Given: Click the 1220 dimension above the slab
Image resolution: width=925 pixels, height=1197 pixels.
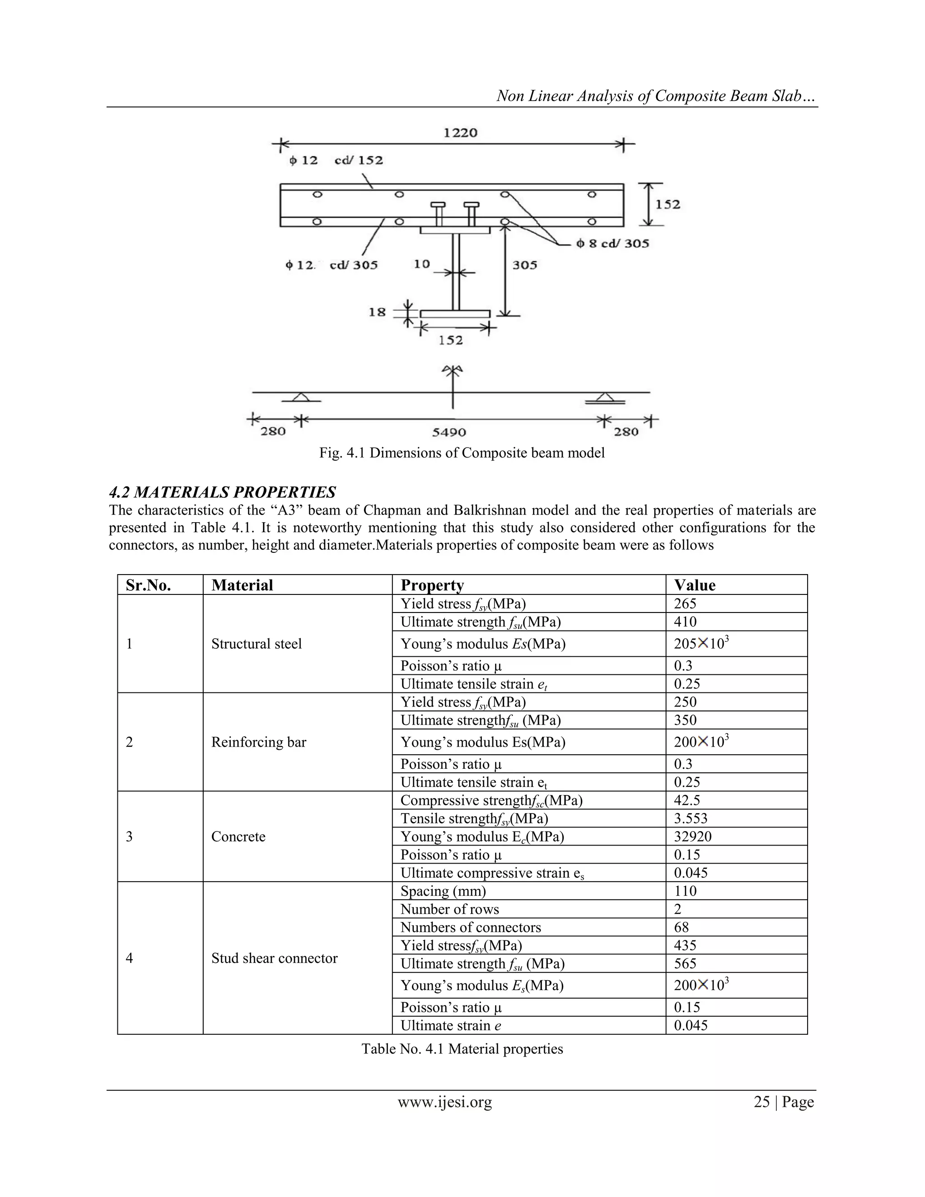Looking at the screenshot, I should [x=460, y=133].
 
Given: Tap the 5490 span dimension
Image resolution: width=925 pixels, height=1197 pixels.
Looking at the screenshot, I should [x=449, y=432].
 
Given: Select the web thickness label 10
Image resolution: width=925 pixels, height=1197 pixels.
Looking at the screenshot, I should [x=421, y=264].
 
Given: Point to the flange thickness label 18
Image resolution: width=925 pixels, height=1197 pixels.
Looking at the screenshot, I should [x=377, y=313].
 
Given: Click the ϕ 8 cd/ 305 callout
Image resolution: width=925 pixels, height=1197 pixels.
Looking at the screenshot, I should [x=612, y=243].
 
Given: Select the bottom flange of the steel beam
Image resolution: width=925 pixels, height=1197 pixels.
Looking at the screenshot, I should [x=455, y=314].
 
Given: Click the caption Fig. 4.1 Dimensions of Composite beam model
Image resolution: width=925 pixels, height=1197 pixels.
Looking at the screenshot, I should [x=462, y=453].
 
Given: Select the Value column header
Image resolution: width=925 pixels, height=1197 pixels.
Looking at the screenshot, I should [x=694, y=585].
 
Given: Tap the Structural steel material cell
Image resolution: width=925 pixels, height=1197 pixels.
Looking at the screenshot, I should [x=257, y=644].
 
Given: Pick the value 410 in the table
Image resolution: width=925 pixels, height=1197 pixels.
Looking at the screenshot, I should [x=685, y=622].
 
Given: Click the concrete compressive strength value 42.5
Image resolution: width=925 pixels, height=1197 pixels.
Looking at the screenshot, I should [x=687, y=801].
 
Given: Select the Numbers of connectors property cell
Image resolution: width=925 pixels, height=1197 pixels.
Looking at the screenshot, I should [x=470, y=928].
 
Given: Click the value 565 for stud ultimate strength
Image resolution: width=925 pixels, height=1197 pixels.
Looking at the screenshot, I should [x=685, y=964].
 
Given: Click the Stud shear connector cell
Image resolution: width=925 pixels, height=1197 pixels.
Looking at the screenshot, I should [x=274, y=959].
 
